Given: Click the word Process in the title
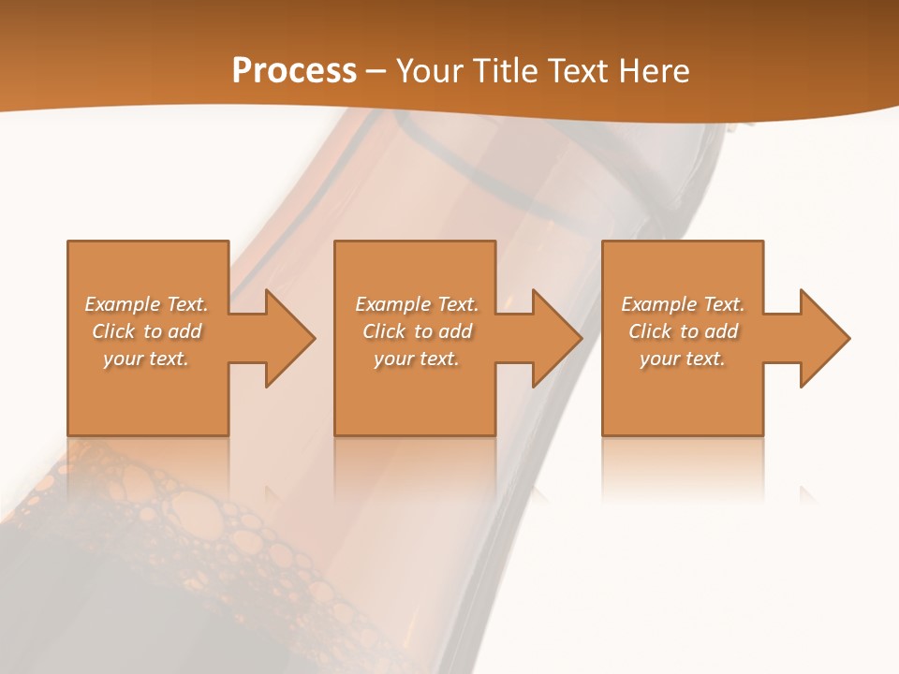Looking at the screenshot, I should [294, 70].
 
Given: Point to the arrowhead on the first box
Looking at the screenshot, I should [286, 338].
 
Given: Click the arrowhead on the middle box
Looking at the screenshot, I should [553, 338].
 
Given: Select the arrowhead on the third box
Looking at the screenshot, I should [821, 338].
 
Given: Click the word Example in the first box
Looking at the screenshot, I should [122, 304].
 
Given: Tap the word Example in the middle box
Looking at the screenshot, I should [392, 304].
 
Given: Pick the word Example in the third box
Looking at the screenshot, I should [658, 304].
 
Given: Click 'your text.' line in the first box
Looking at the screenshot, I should [146, 359].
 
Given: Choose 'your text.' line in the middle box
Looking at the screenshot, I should [416, 359].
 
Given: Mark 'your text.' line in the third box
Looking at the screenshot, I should [683, 359].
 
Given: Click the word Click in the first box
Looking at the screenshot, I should [113, 331].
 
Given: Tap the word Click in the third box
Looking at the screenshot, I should [650, 331].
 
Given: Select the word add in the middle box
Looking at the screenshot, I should [455, 331].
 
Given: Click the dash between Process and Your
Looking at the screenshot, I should [376, 71].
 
